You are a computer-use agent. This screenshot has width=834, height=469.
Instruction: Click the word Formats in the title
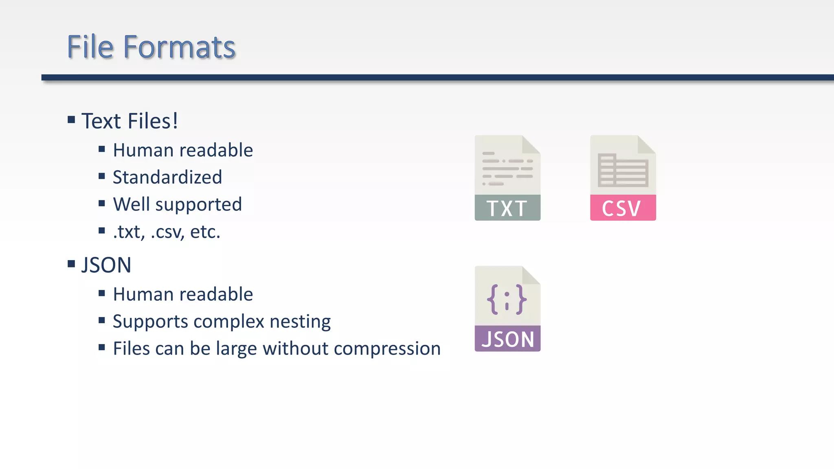click(x=179, y=47)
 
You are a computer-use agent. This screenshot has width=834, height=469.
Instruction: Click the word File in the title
click(x=90, y=47)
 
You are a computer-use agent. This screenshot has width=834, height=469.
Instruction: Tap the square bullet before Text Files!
click(x=71, y=120)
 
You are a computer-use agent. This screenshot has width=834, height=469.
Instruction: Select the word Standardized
click(x=167, y=178)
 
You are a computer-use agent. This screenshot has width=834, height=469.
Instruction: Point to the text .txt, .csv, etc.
click(x=166, y=232)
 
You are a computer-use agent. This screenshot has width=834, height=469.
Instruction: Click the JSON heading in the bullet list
click(x=106, y=265)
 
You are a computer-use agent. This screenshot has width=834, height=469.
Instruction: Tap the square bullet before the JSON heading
click(x=71, y=264)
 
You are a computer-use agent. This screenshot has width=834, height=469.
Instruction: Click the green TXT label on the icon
click(x=507, y=208)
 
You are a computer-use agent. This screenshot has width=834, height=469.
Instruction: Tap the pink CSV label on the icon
click(x=622, y=208)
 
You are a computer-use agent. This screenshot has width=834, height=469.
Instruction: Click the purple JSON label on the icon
click(x=507, y=339)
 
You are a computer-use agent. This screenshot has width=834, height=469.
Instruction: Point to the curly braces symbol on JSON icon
click(x=507, y=300)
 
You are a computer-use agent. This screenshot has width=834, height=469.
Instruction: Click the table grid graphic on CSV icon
click(x=623, y=170)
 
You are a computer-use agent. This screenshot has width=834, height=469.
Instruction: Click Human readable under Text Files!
click(x=182, y=150)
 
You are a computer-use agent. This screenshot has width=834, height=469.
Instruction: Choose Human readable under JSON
click(x=182, y=294)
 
